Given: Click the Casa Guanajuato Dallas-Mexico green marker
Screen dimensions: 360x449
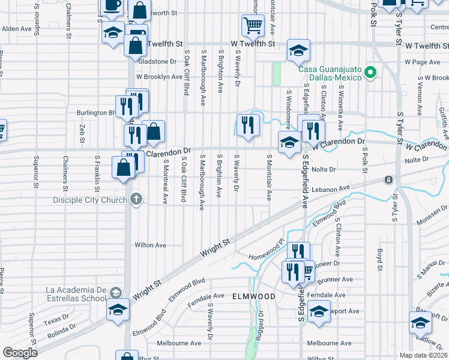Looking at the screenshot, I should (x=371, y=73).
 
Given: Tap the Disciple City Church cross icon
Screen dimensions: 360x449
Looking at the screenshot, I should (x=136, y=199).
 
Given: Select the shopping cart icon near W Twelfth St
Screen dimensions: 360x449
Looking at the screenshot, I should (x=253, y=25).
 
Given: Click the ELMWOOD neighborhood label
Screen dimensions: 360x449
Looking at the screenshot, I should (x=254, y=296).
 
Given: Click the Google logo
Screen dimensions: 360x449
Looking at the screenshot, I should (x=20, y=353).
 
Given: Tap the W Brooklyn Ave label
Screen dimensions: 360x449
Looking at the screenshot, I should (x=159, y=77).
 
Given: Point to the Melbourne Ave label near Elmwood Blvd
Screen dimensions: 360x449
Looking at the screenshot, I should (x=178, y=343).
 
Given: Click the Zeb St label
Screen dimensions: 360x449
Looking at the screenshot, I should (x=82, y=130).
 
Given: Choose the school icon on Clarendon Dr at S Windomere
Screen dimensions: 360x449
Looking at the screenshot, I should (x=289, y=143).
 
